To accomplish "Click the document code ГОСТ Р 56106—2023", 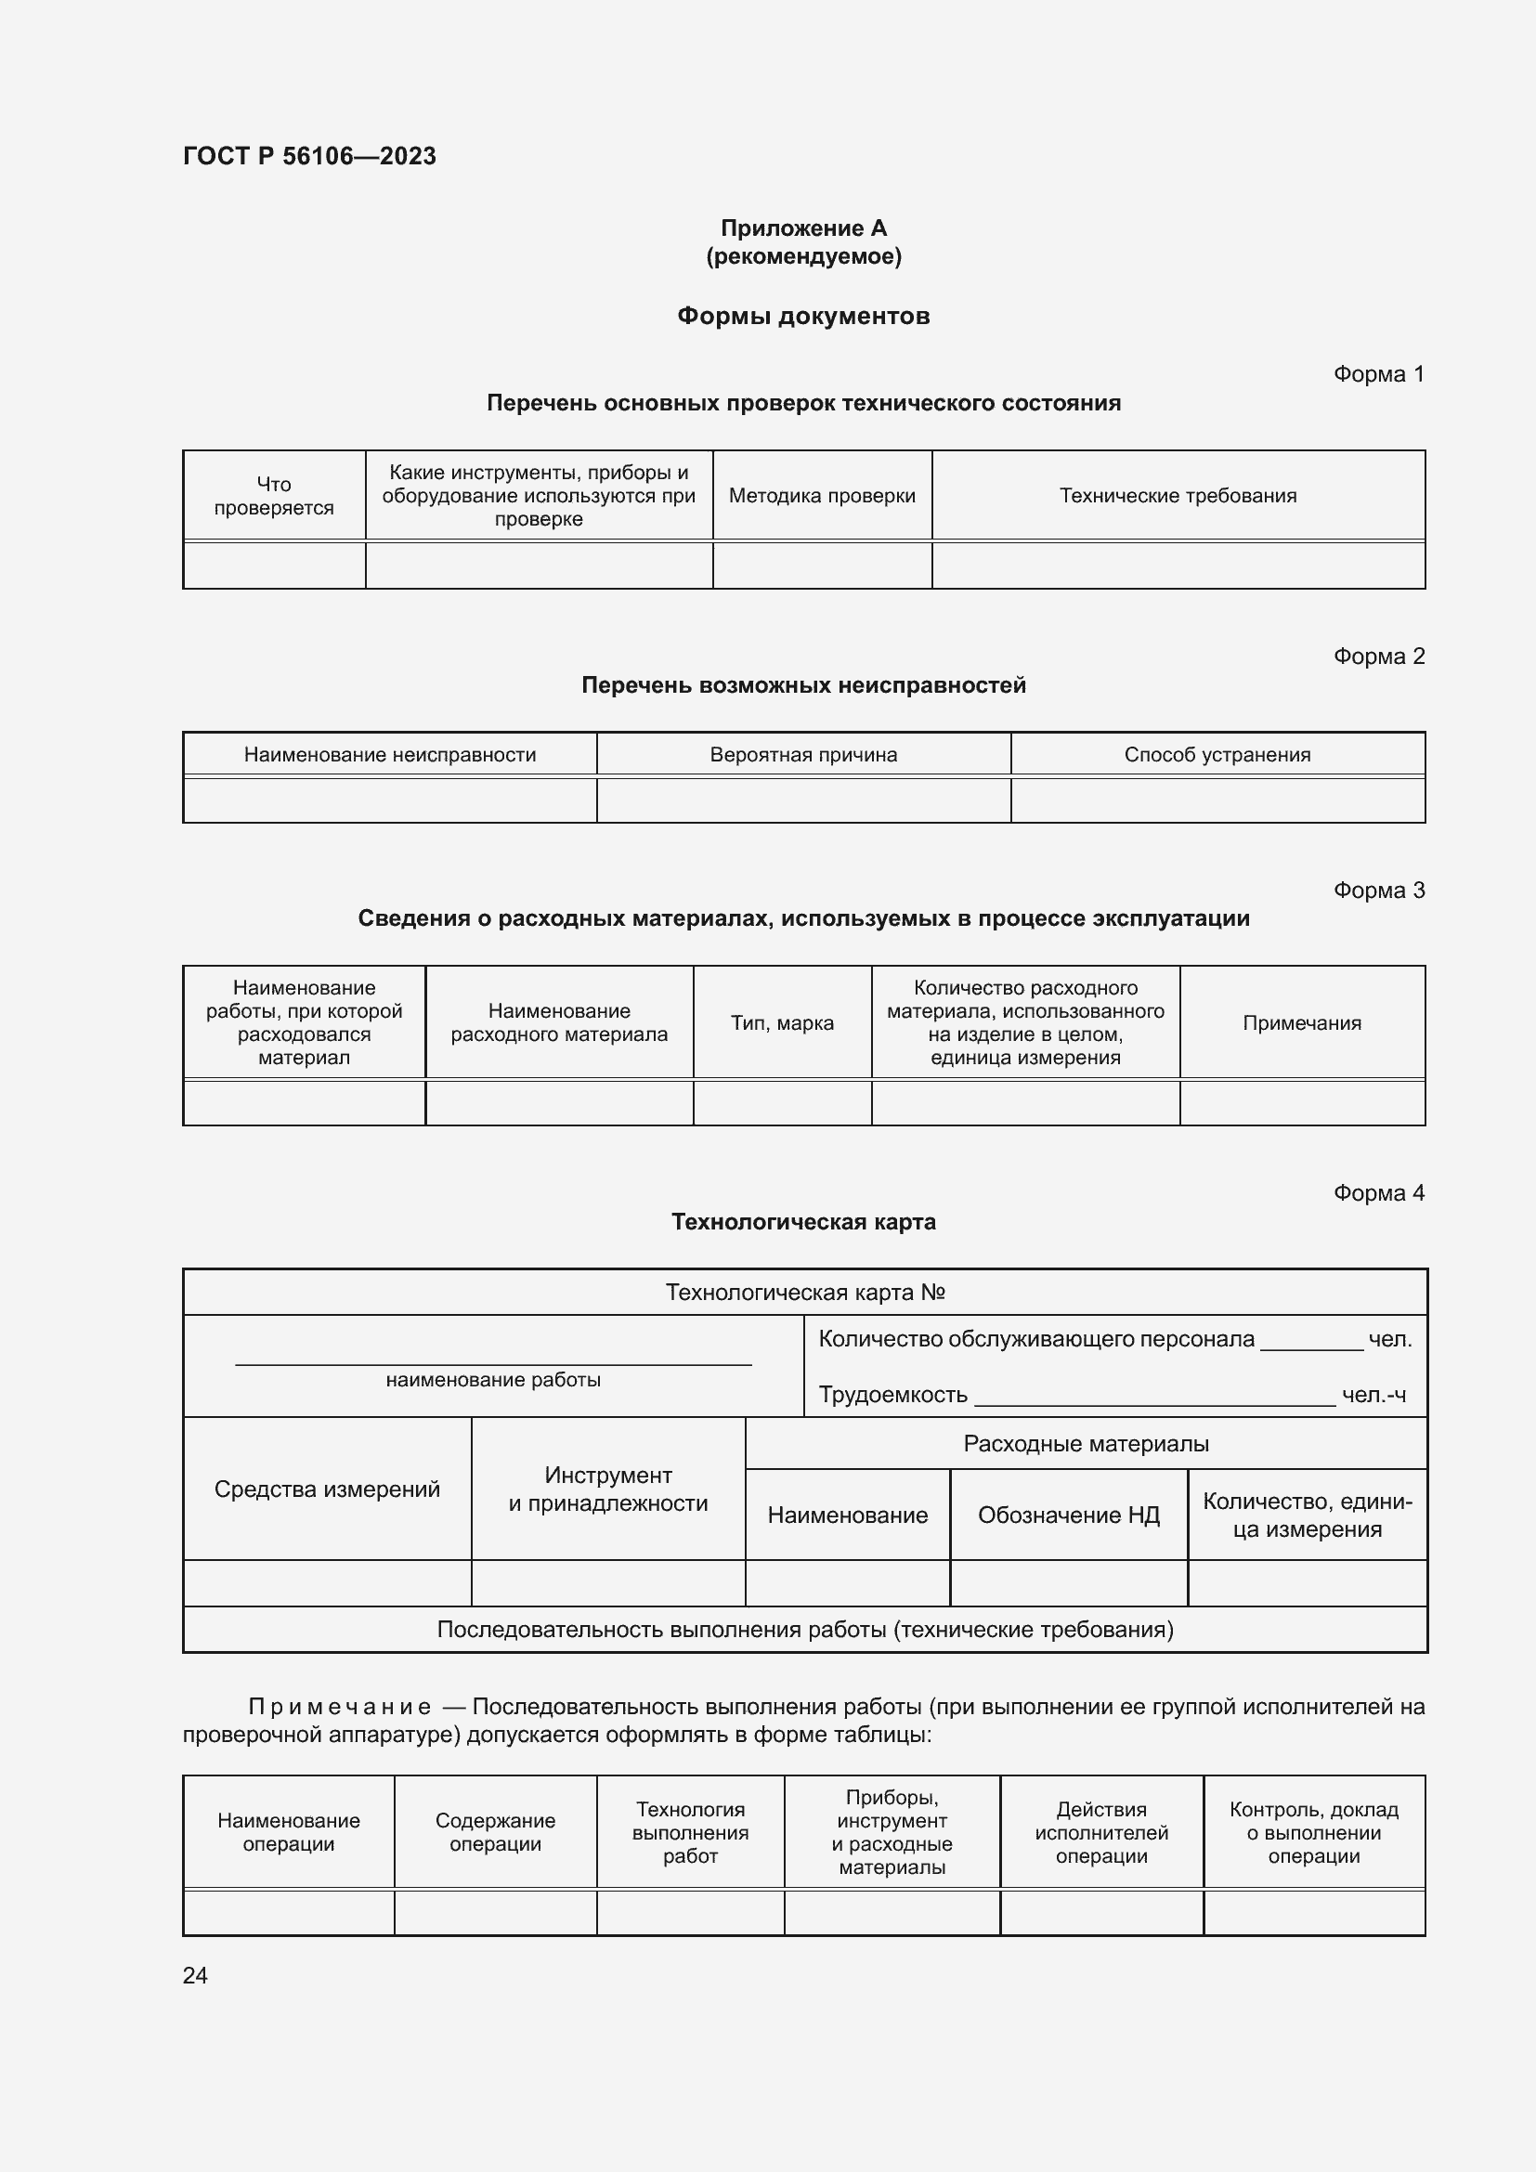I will tap(309, 156).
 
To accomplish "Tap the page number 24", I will tap(195, 1975).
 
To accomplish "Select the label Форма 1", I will tap(1378, 374).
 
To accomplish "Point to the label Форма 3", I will tap(1378, 891).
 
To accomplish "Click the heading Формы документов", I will tap(803, 316).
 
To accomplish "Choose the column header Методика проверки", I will tap(822, 496).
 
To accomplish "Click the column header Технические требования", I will tap(1178, 496).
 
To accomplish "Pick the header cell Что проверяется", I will tap(273, 496).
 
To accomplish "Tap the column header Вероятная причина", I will tap(803, 755).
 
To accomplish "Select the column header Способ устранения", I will tap(1217, 755).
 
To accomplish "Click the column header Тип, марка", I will tap(781, 1022).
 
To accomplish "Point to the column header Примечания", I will tap(1301, 1022).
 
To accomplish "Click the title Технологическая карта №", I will tap(805, 1293).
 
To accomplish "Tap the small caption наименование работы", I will tap(493, 1380).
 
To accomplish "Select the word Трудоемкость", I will tap(892, 1395).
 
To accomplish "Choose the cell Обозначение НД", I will tap(1068, 1515).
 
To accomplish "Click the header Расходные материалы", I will tap(1086, 1444).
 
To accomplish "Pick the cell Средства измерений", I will tap(326, 1489).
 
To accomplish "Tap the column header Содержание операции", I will tap(495, 1832).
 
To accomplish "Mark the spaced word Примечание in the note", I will tap(340, 1708).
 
